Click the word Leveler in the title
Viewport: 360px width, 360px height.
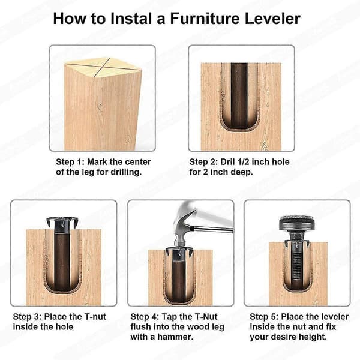click(272, 19)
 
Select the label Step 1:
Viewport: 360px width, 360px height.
click(70, 162)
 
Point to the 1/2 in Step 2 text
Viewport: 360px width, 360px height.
click(242, 162)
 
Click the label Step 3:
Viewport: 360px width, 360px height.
click(27, 317)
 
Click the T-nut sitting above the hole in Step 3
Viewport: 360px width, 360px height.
click(62, 224)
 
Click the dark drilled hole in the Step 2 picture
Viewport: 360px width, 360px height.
click(239, 96)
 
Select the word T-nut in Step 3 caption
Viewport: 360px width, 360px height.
click(95, 317)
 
